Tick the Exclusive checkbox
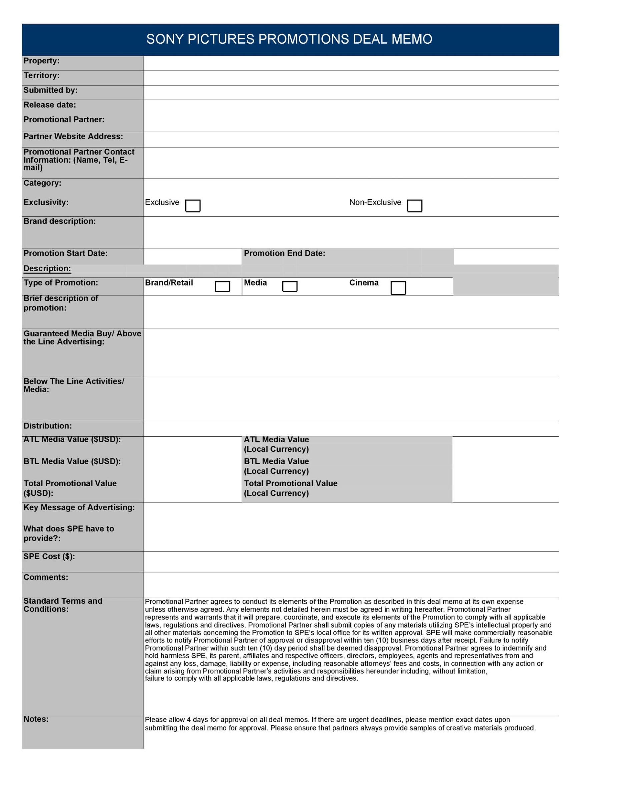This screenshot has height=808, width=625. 192,206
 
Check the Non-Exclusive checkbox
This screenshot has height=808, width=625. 414,206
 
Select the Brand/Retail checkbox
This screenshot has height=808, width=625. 222,286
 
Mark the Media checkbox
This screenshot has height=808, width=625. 290,286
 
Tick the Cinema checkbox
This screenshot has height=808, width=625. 398,288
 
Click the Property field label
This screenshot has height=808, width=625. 41,61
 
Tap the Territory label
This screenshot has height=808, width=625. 41,76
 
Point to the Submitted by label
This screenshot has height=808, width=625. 50,90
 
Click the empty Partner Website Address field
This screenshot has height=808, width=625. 351,140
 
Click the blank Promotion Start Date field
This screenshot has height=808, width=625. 192,256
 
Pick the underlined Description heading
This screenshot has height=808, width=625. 47,269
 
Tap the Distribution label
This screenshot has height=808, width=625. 47,426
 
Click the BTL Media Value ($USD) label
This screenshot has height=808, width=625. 72,461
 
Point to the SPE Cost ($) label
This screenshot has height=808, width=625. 49,556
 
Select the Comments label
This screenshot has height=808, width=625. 46,577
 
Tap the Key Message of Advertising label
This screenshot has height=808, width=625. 79,507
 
